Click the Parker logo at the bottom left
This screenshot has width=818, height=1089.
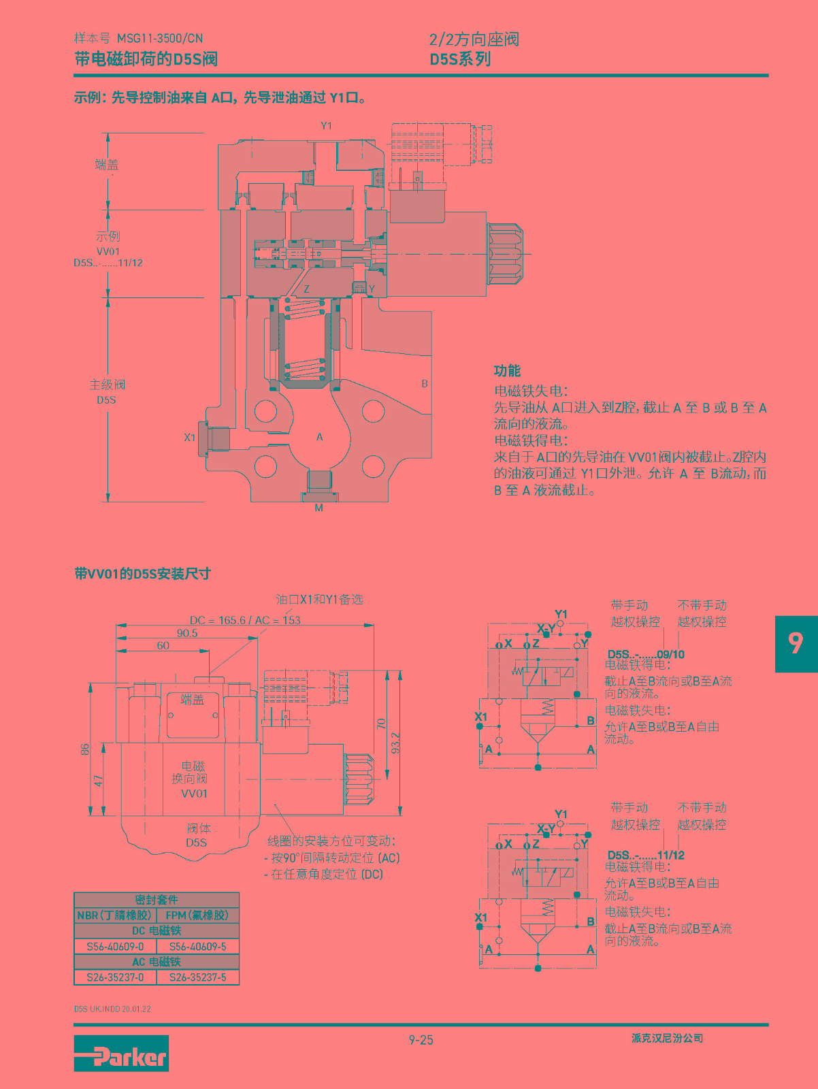(121, 1053)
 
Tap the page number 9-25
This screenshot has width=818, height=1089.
(421, 1039)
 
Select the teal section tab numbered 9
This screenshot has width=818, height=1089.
(796, 643)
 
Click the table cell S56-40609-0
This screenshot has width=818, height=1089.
(115, 946)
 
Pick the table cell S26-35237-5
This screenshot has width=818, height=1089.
(198, 977)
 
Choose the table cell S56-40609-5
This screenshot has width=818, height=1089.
(198, 946)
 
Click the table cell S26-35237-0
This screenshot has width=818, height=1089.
(115, 977)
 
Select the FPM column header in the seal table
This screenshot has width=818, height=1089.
(197, 915)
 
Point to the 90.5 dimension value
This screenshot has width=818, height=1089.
(187, 633)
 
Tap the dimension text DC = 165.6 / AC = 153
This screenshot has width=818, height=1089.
(245, 620)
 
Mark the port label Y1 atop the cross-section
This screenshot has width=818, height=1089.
(326, 126)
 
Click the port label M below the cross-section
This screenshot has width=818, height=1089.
(318, 508)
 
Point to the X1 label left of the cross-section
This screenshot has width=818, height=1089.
(190, 438)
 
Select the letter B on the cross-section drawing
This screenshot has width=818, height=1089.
(425, 384)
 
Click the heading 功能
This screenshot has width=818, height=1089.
(507, 370)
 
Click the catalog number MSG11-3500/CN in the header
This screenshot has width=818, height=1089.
(160, 39)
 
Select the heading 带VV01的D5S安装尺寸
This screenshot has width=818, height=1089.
(142, 574)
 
